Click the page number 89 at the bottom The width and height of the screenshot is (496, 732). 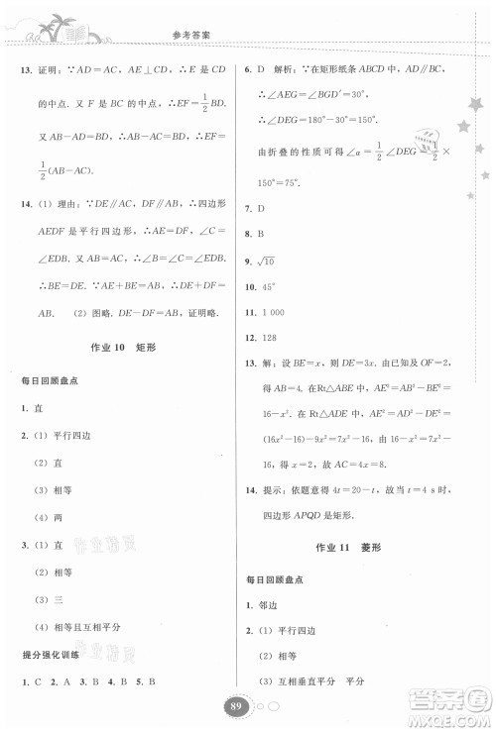point(235,705)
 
